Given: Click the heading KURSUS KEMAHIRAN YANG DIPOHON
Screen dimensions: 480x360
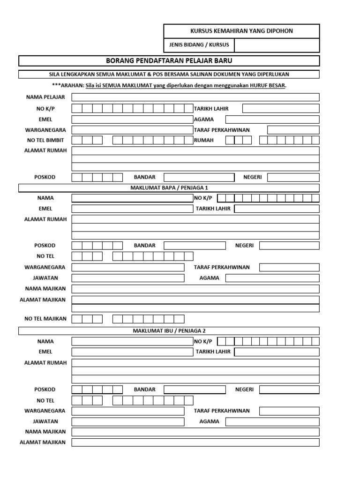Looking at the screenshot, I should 241,31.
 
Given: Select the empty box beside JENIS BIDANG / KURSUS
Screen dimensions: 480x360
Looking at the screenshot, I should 277,45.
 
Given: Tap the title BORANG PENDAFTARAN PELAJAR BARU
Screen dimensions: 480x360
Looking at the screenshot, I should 169,61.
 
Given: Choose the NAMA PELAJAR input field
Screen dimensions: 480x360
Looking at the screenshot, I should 195,97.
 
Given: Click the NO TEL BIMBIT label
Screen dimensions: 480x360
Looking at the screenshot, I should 45,140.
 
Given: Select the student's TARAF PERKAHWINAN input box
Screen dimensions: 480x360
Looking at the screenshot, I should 293,130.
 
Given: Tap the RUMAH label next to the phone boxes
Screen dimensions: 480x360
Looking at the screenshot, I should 204,140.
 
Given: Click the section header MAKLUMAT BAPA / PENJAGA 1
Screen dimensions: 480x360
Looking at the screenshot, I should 169,188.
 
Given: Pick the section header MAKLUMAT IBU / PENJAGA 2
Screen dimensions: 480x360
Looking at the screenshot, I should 169,331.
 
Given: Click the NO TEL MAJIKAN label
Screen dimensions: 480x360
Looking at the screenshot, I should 45,319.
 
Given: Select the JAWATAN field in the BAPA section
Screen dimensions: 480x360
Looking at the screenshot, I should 127,278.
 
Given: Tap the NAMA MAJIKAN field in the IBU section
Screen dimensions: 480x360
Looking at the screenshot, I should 195,432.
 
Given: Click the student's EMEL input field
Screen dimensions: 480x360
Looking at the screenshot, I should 132,119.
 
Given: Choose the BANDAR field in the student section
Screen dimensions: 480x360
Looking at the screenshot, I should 199,177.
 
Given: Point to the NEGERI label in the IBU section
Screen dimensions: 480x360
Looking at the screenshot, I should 244,390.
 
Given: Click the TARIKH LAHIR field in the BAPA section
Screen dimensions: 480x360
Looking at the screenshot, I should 277,209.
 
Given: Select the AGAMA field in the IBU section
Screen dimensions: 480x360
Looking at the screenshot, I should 272,421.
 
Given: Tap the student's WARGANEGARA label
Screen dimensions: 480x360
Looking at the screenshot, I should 45,130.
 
